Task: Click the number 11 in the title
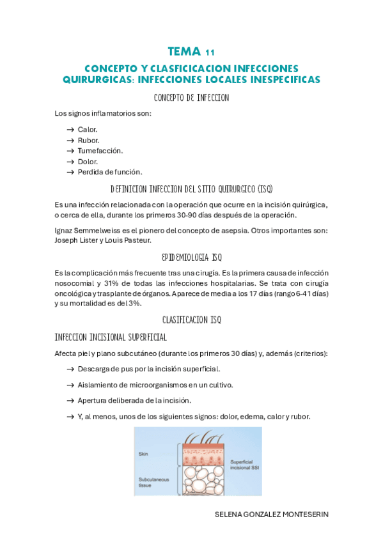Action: click(x=210, y=52)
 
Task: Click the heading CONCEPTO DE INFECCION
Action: click(x=191, y=98)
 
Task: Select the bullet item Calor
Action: click(x=88, y=129)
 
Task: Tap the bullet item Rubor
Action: click(x=88, y=140)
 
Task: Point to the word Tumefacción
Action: click(x=100, y=151)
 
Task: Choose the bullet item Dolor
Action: click(x=88, y=162)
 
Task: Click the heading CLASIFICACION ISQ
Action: click(x=191, y=319)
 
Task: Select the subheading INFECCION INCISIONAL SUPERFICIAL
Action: click(x=111, y=336)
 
